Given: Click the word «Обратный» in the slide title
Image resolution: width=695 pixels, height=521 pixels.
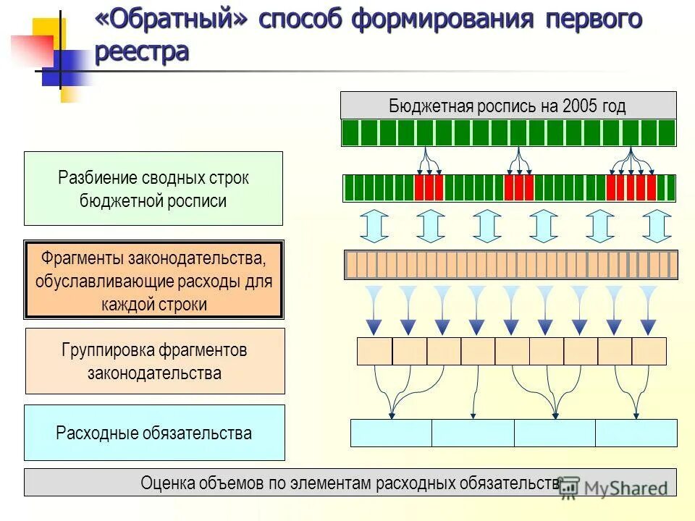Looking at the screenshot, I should tap(171, 20).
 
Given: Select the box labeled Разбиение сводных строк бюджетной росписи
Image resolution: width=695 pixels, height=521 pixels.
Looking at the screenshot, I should tap(153, 188).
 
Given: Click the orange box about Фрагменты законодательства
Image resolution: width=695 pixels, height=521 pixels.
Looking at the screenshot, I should tap(153, 280).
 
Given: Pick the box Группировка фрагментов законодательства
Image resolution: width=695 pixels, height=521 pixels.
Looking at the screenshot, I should tap(155, 361).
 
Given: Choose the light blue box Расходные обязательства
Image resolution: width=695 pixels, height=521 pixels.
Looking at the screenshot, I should tap(154, 433).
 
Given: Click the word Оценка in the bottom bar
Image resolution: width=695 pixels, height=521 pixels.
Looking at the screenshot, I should tap(168, 483).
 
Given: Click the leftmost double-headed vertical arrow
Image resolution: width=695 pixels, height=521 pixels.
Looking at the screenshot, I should tap(374, 225).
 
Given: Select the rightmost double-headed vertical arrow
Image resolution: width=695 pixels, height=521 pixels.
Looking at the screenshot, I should tap(657, 225).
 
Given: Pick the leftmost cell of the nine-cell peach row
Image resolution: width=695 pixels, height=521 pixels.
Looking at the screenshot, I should tap(375, 351).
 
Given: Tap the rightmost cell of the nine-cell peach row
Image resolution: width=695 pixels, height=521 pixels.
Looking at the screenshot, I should tap(649, 351).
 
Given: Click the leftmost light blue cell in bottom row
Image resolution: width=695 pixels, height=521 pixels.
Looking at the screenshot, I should tap(391, 433).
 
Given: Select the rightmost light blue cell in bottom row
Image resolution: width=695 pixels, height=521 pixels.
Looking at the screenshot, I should tap(636, 433).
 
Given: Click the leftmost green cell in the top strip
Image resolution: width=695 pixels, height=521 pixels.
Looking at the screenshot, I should tap(350, 133).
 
